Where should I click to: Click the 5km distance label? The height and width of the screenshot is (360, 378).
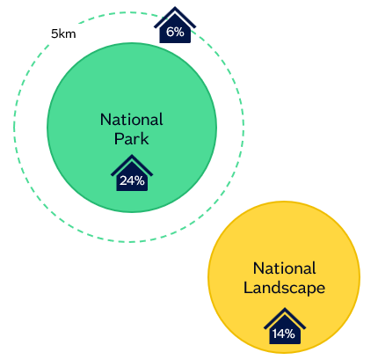(63, 33)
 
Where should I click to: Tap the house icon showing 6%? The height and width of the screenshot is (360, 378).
(175, 26)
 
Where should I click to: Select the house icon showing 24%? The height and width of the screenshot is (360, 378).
(132, 173)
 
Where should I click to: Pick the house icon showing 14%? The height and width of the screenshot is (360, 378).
(285, 326)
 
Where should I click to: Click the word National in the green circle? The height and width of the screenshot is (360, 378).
(132, 120)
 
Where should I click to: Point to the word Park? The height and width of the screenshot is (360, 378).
(131, 139)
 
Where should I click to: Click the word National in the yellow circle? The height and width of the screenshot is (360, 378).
(285, 268)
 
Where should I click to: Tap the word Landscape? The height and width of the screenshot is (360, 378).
(284, 288)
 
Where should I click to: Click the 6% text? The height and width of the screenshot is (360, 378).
(175, 32)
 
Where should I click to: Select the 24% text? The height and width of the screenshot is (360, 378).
(132, 180)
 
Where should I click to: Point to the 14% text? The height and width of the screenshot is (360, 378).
(284, 334)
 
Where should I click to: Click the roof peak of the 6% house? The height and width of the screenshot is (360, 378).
(175, 7)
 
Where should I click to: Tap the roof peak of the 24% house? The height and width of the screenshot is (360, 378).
(132, 155)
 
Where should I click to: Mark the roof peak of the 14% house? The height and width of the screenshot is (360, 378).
(285, 308)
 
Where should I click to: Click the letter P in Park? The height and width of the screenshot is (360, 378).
(119, 139)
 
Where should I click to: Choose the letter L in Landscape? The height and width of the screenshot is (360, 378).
(248, 287)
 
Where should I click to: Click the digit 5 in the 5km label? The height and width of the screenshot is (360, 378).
(55, 34)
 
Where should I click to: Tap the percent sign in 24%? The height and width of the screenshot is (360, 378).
(140, 180)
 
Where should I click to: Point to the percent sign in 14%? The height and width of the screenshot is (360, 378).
(289, 334)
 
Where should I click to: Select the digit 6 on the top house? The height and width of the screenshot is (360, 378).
(171, 32)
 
